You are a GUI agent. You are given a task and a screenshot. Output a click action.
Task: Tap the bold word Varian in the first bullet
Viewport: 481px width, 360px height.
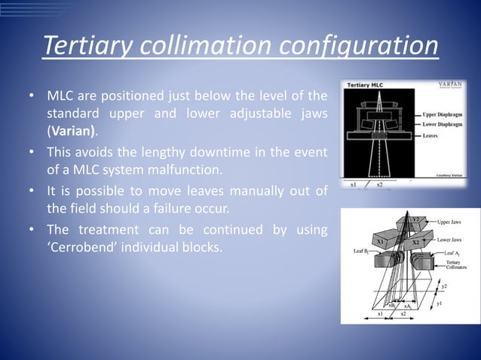pos(72,130)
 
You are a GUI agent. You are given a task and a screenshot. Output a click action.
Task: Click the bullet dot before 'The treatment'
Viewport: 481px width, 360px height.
pos(32,229)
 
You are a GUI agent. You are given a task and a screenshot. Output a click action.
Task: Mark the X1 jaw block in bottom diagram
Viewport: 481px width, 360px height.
pos(383,241)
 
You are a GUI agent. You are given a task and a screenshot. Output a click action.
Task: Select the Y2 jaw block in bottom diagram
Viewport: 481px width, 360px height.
pos(416,220)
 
